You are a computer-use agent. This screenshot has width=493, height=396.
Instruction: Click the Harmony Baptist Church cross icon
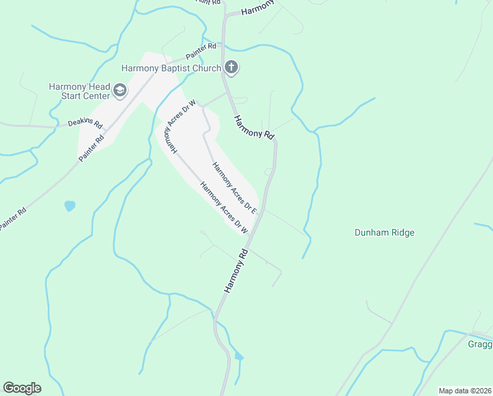coord(231,67)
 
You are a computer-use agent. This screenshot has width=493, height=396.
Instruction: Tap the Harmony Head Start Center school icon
coord(119,90)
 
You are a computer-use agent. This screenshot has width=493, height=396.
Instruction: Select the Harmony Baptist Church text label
coord(171,67)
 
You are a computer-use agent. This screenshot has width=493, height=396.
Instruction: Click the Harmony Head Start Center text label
coord(79,91)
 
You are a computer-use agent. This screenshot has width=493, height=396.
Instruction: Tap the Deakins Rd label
coord(85,123)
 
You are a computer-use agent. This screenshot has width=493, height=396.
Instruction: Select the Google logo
coord(22,388)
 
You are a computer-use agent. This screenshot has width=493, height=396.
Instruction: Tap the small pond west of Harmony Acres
coord(70,206)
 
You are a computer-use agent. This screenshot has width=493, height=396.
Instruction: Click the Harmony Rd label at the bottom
coord(235,271)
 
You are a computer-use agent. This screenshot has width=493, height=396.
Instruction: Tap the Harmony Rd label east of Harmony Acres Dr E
coord(254,125)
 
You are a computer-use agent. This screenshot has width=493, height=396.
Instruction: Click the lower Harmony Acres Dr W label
coord(223,209)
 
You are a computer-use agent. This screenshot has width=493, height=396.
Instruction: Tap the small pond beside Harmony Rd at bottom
coord(239,356)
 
